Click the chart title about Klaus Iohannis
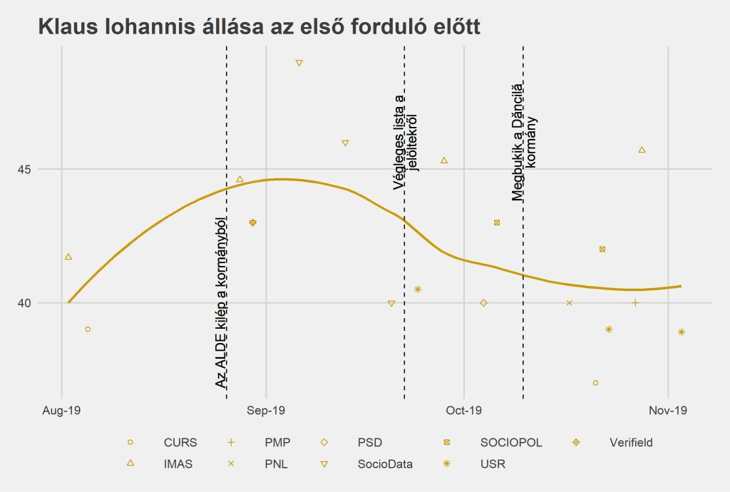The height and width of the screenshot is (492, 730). tap(259, 27)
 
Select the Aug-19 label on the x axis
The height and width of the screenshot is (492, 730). tap(62, 411)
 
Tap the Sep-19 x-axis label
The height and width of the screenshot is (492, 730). tap(265, 411)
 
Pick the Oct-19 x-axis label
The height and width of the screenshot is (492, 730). tap(463, 411)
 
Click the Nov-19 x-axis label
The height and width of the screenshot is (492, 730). tap(668, 411)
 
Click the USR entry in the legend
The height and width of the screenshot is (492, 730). tap(493, 463)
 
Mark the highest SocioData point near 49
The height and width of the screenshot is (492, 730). tap(299, 63)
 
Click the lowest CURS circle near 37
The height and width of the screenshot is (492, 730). tap(595, 383)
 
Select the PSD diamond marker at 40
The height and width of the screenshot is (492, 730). tap(484, 303)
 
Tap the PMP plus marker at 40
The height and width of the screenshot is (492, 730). tap(635, 303)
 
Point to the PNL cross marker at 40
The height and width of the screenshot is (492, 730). tap(570, 303)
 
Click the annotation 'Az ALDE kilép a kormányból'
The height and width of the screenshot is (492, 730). tap(221, 302)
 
